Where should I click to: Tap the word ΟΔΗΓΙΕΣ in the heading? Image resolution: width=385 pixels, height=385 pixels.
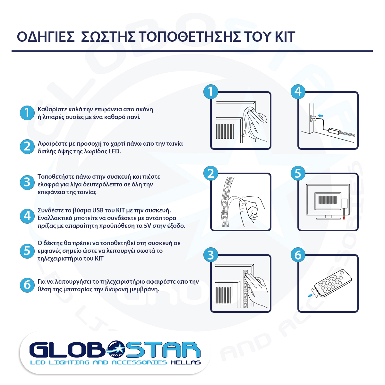tap(46, 37)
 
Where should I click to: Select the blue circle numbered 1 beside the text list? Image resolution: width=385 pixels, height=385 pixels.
tap(27, 113)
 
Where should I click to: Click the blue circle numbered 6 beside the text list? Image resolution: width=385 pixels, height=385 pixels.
tap(27, 285)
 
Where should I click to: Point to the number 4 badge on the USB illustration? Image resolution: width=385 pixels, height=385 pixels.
tap(298, 91)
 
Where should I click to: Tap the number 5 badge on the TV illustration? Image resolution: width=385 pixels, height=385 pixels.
tap(298, 173)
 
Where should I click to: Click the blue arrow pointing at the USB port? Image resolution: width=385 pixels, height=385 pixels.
tap(321, 116)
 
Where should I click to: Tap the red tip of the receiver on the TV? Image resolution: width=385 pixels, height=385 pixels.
tap(344, 218)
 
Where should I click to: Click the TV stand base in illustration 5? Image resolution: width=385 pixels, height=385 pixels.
tap(329, 218)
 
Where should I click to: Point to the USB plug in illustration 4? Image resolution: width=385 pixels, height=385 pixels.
tap(313, 119)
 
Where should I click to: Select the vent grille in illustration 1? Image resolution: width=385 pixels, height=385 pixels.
tap(225, 131)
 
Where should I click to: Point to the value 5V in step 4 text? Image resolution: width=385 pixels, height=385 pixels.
tap(148, 226)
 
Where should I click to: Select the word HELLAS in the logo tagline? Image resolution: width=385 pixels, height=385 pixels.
tap(186, 363)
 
